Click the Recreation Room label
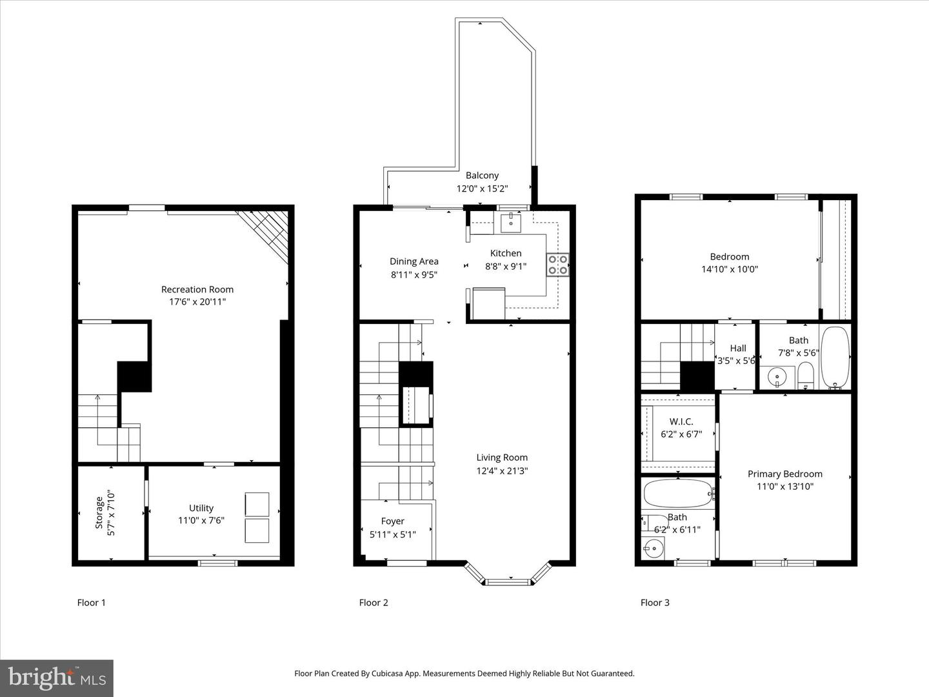coord(197,289)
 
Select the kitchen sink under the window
coord(511,223)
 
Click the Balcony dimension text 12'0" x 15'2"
coord(482,188)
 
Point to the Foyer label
coord(392,521)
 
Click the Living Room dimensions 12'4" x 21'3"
coord(502,470)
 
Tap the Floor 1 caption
coord(91,602)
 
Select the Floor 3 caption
coord(655,602)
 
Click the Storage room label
coord(99,512)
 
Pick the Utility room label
coord(201,508)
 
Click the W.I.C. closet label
coord(681,421)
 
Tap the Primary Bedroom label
coord(784,474)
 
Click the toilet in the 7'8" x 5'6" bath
coord(806,376)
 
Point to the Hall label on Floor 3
coord(737,348)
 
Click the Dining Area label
coord(414,261)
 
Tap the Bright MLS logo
coord(57,678)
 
